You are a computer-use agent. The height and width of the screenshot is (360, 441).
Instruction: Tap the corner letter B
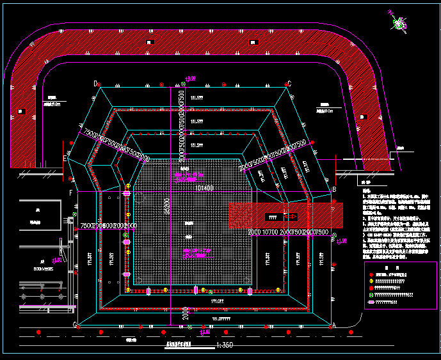pos(334,190)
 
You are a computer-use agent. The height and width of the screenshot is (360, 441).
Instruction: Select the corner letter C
pos(289,83)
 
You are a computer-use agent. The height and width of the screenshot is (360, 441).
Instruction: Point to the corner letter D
pos(95,83)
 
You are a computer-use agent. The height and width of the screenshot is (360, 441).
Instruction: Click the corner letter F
pos(70,192)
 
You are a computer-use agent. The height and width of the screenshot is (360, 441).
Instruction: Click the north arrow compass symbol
pos(400,24)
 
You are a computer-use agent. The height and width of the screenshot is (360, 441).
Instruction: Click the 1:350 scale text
pos(225,345)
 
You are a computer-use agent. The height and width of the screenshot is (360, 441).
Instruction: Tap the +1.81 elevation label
pos(57,260)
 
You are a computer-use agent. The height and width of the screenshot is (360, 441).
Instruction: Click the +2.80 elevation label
pos(205,332)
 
